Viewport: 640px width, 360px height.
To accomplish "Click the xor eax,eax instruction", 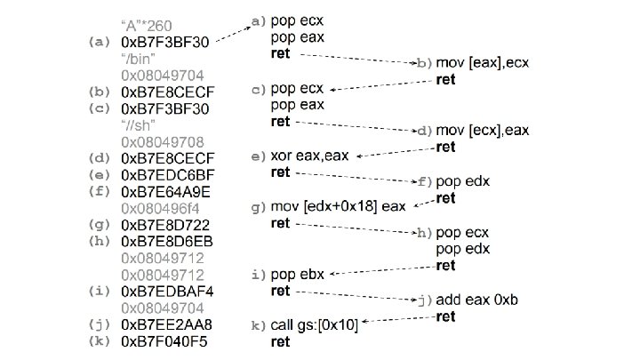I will click(x=309, y=156).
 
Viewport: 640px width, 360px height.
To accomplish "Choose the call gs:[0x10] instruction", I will click(x=314, y=325).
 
